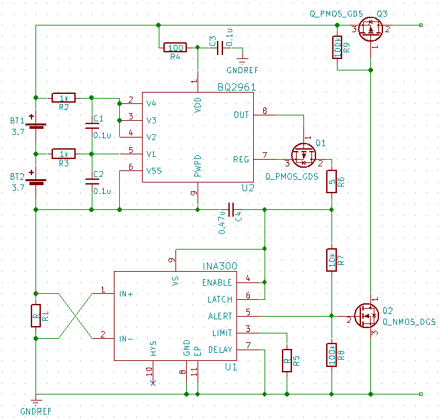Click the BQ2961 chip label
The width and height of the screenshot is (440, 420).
pos(236,87)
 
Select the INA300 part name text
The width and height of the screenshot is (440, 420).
pos(218,266)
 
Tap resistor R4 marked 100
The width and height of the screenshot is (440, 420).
pos(175,48)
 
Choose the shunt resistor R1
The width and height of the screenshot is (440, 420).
pos(35,316)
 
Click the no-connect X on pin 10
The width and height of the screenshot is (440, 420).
pos(153,382)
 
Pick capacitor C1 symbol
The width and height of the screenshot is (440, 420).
pos(92,125)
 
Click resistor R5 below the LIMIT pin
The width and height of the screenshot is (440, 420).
pos(287,360)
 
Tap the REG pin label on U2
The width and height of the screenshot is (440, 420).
pos(240,159)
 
